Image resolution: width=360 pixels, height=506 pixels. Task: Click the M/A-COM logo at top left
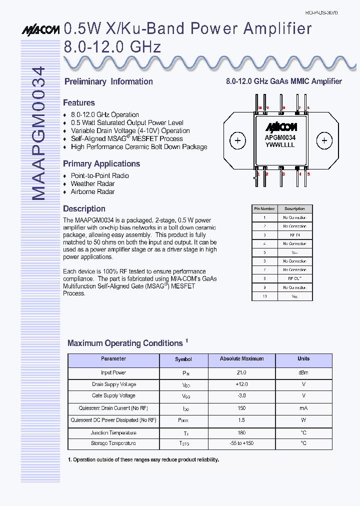click(x=40, y=30)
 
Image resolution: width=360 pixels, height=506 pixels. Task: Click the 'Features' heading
click(x=78, y=103)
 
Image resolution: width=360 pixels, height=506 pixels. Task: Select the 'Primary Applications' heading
click(x=101, y=164)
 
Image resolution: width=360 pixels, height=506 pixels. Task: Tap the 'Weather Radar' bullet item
click(x=92, y=183)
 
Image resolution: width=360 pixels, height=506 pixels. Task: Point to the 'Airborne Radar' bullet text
click(x=92, y=191)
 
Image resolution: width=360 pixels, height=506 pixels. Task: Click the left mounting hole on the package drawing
click(x=238, y=140)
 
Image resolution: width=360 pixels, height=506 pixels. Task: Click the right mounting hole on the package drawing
click(x=325, y=140)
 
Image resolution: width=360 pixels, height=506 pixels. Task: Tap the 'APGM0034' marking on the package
click(x=280, y=137)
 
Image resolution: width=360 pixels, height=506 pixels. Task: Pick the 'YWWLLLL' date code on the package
click(x=280, y=145)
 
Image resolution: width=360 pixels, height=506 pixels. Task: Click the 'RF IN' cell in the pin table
click(x=294, y=235)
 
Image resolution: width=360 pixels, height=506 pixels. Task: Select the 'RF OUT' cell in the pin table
click(x=294, y=278)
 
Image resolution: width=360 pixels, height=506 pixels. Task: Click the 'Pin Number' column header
click(x=264, y=209)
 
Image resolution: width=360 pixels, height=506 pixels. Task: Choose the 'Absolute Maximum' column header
click(x=241, y=359)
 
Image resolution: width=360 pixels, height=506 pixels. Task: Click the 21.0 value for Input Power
click(x=241, y=372)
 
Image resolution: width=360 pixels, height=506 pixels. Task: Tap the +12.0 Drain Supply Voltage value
click(x=241, y=384)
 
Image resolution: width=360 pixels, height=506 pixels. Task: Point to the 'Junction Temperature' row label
click(x=113, y=433)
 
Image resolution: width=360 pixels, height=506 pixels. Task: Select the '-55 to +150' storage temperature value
click(x=241, y=443)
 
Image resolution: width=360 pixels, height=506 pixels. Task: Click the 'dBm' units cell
click(x=303, y=372)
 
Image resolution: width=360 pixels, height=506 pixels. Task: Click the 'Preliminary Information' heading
click(x=108, y=81)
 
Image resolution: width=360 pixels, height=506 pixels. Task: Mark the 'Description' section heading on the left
click(x=84, y=209)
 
